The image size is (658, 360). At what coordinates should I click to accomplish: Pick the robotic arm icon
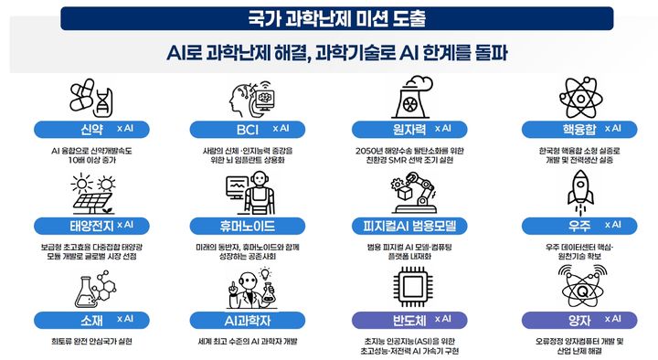415,190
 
